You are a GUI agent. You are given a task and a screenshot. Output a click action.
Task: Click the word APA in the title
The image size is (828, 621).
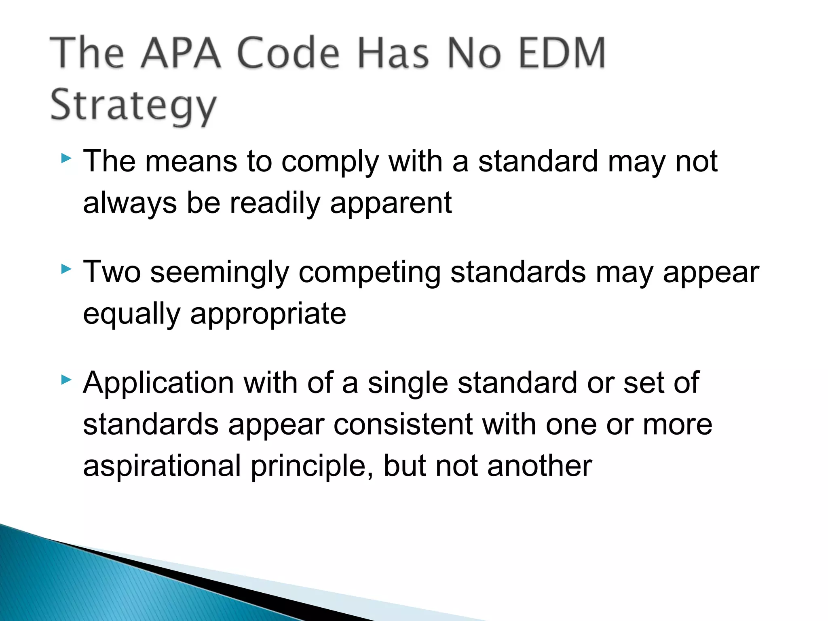pos(181,53)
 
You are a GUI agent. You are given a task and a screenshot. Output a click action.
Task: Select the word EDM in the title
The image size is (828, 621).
pos(562,53)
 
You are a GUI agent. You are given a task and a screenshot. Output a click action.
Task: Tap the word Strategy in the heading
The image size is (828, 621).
pos(133,106)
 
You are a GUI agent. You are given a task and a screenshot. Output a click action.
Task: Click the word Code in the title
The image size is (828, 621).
pos(288,53)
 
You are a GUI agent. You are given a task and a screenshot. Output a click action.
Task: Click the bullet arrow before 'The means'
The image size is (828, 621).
pos(66,158)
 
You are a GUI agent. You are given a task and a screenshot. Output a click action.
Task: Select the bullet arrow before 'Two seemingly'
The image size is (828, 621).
pos(66,269)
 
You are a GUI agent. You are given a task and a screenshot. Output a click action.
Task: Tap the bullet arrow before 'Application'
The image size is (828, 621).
pos(66,380)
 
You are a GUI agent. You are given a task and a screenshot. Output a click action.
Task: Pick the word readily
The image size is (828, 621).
pos(275,203)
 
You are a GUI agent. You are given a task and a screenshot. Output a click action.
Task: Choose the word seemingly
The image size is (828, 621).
pos(220,273)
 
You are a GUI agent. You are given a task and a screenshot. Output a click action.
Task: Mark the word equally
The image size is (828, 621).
pos(131,315)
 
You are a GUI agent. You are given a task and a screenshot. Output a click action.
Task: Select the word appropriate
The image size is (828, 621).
pos(268,315)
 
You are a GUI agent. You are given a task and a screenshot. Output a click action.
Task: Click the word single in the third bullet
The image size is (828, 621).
pos(408,383)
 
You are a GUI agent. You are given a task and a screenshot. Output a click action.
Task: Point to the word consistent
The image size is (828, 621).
pos(403,425)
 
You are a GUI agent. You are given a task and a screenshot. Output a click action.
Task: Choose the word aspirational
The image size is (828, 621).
pos(162,466)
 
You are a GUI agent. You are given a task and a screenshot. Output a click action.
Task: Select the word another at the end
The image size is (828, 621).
pos(539,466)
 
